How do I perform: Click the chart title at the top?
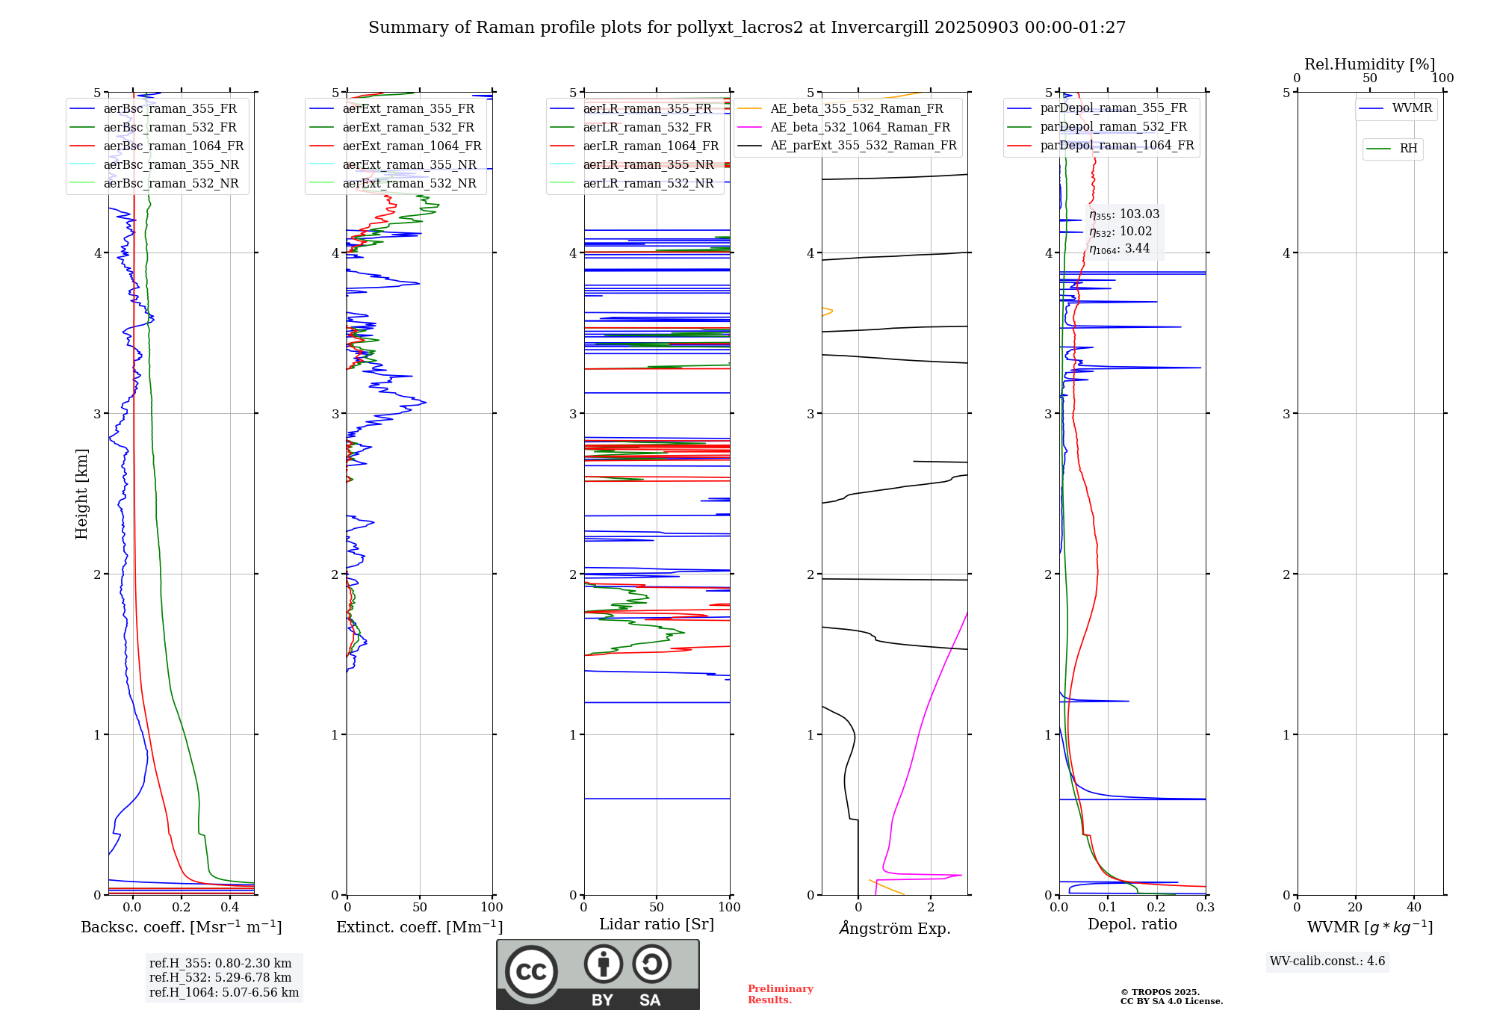pyautogui.click(x=747, y=28)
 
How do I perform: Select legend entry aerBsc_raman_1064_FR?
pyautogui.click(x=173, y=146)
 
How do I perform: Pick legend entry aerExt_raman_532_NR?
pyautogui.click(x=409, y=184)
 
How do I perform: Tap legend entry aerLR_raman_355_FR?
pyautogui.click(x=647, y=109)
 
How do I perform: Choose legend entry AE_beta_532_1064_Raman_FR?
pyautogui.click(x=860, y=128)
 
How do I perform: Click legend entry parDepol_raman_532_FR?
pyautogui.click(x=1113, y=127)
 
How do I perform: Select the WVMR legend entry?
pyautogui.click(x=1412, y=108)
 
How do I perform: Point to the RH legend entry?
pyautogui.click(x=1408, y=149)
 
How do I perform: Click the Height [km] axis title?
pyautogui.click(x=81, y=494)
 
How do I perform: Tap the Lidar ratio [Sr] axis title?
pyautogui.click(x=657, y=924)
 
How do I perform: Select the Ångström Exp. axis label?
pyautogui.click(x=895, y=929)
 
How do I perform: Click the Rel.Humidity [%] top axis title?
pyautogui.click(x=1369, y=64)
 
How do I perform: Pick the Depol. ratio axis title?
pyautogui.click(x=1132, y=924)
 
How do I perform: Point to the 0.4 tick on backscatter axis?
pyautogui.click(x=230, y=908)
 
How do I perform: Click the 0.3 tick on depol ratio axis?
pyautogui.click(x=1205, y=908)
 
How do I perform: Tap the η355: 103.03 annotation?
pyautogui.click(x=1124, y=214)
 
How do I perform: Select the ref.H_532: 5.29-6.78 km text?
pyautogui.click(x=220, y=977)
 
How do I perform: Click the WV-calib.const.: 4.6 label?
pyautogui.click(x=1327, y=961)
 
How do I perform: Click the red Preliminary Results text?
pyautogui.click(x=780, y=994)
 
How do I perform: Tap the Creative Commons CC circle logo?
pyautogui.click(x=531, y=972)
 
